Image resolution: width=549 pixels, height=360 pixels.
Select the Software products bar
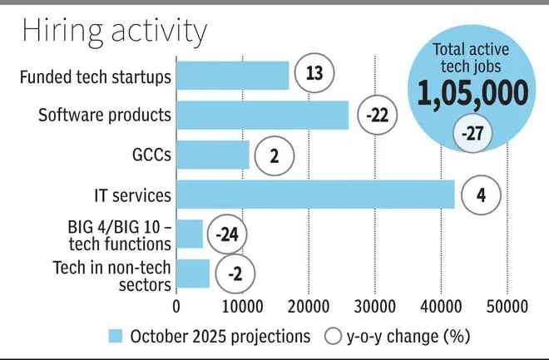(x=263, y=115)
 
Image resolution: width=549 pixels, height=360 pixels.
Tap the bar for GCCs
(x=213, y=155)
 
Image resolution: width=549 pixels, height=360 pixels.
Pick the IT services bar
(x=315, y=195)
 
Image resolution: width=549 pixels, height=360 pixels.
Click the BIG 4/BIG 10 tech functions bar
(x=190, y=234)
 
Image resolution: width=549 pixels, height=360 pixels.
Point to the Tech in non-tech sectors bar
(x=193, y=273)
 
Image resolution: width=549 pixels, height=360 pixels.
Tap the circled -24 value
(x=227, y=234)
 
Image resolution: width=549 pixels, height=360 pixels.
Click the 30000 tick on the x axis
(x=374, y=306)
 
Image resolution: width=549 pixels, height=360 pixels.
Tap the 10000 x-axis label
(x=242, y=306)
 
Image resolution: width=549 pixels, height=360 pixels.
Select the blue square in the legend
(x=116, y=336)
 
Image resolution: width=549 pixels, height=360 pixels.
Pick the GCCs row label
(x=150, y=155)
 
